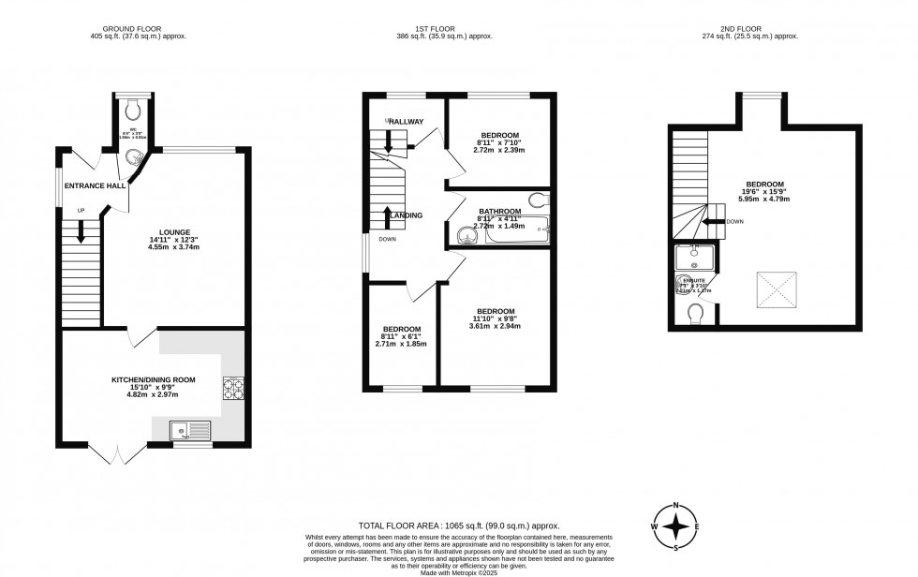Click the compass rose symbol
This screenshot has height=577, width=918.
click(675, 526)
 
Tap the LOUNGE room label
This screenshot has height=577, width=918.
click(174, 232)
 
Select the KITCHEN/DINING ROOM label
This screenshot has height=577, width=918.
click(155, 379)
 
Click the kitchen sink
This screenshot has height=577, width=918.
click(191, 430)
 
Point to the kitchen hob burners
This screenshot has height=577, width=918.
click(233, 388)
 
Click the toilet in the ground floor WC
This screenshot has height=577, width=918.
click(131, 106)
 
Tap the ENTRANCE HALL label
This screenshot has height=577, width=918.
click(96, 185)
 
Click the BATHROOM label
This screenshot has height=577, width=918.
click(499, 212)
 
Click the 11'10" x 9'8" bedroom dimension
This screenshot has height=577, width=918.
click(496, 318)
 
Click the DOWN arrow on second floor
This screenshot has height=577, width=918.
click(713, 222)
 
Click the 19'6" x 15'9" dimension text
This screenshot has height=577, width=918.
click(764, 191)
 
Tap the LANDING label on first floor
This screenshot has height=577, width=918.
click(406, 215)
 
